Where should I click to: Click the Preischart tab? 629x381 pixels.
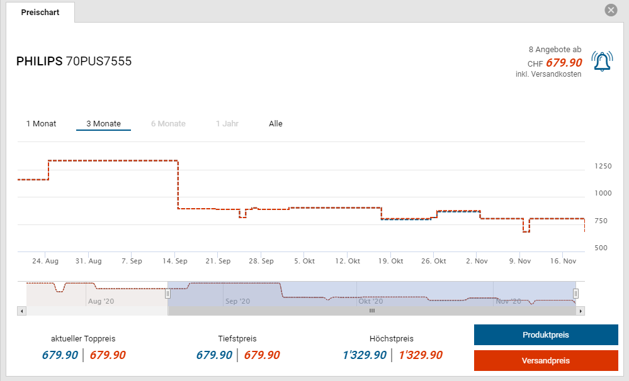[40, 13]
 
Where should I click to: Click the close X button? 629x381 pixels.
[610, 11]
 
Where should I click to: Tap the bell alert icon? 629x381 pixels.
[601, 61]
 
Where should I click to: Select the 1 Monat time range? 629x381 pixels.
[41, 124]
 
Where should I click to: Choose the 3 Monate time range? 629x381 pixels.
[103, 124]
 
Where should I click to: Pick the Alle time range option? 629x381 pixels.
[276, 124]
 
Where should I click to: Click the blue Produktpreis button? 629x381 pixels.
[545, 335]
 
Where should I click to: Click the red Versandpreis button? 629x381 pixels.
[545, 361]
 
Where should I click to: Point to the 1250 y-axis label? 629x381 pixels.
[603, 167]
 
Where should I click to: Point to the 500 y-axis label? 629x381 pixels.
[600, 248]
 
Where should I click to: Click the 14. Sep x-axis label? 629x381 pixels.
[175, 261]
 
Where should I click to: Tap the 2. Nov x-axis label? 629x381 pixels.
[477, 261]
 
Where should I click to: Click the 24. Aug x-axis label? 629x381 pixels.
[45, 261]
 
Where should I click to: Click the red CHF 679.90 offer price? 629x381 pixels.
[564, 63]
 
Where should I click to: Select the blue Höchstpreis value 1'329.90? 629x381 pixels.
[365, 355]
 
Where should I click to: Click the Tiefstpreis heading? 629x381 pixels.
[238, 339]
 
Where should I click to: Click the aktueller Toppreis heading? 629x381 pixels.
[83, 339]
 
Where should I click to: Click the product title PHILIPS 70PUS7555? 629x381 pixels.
[74, 62]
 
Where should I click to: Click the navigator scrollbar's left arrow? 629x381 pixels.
[22, 311]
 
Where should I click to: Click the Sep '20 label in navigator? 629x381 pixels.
[237, 302]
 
